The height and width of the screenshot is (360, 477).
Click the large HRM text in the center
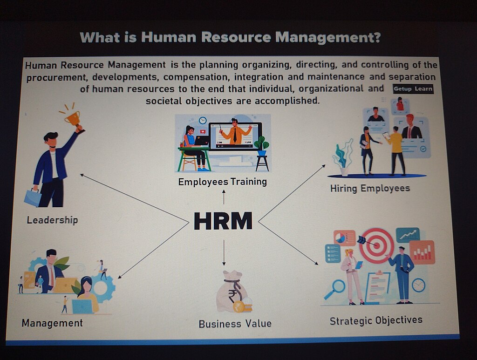(x=223, y=221)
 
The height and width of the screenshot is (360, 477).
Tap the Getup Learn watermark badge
(x=413, y=89)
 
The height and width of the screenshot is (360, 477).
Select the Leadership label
(x=52, y=220)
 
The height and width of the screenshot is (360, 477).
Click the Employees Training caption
(x=222, y=182)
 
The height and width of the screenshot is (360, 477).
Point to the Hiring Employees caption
(x=370, y=189)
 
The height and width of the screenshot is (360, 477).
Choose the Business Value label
(x=235, y=324)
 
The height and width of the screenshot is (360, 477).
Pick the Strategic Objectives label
(x=376, y=320)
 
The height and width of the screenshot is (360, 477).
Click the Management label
(x=52, y=323)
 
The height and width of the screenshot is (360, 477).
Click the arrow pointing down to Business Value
(x=224, y=252)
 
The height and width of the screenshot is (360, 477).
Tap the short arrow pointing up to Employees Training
(x=224, y=197)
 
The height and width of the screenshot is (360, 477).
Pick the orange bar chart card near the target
(x=422, y=252)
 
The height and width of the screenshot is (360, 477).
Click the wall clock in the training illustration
(x=203, y=121)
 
